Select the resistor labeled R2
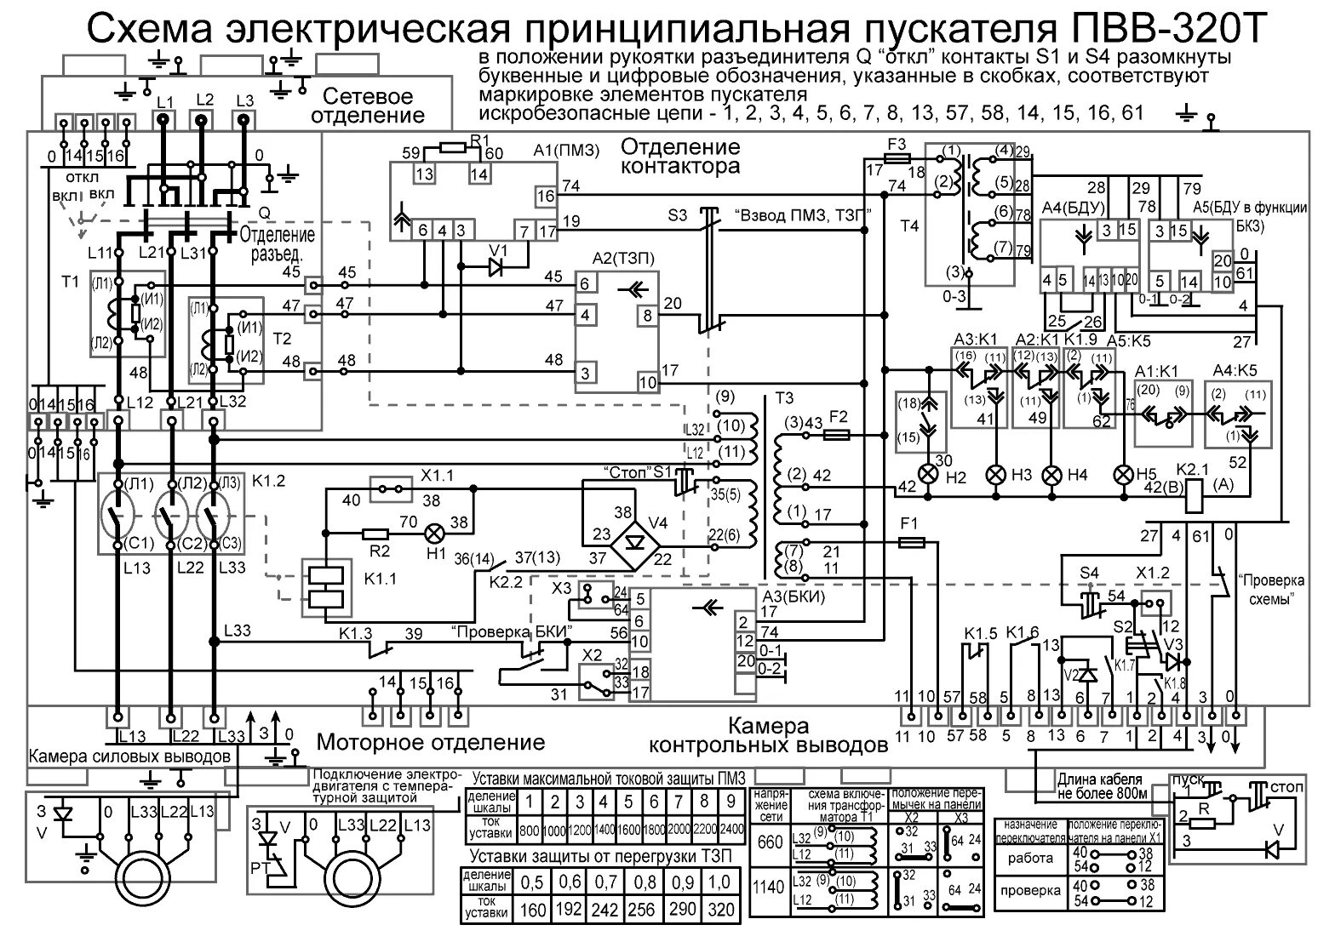[375, 534]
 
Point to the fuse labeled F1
[912, 541]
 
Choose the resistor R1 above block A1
[452, 147]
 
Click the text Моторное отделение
[430, 742]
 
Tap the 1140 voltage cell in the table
[768, 887]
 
